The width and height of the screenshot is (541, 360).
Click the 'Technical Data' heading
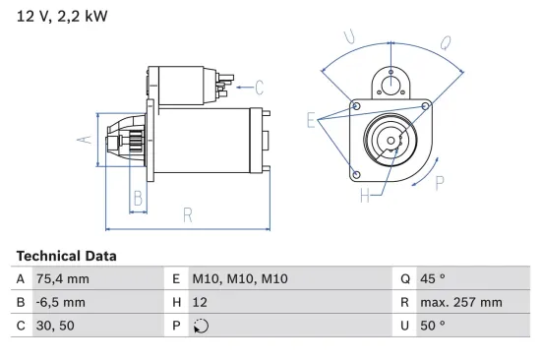66,256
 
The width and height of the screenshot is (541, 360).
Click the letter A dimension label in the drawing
86,139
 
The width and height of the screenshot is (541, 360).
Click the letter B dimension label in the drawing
139,198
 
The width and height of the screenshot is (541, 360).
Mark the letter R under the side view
187,215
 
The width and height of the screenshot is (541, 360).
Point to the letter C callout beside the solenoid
260,86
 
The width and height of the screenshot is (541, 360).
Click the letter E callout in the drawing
311,121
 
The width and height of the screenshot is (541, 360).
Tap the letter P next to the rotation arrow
440,181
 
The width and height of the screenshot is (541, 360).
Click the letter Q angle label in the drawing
445,42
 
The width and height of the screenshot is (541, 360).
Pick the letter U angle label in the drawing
349,37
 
